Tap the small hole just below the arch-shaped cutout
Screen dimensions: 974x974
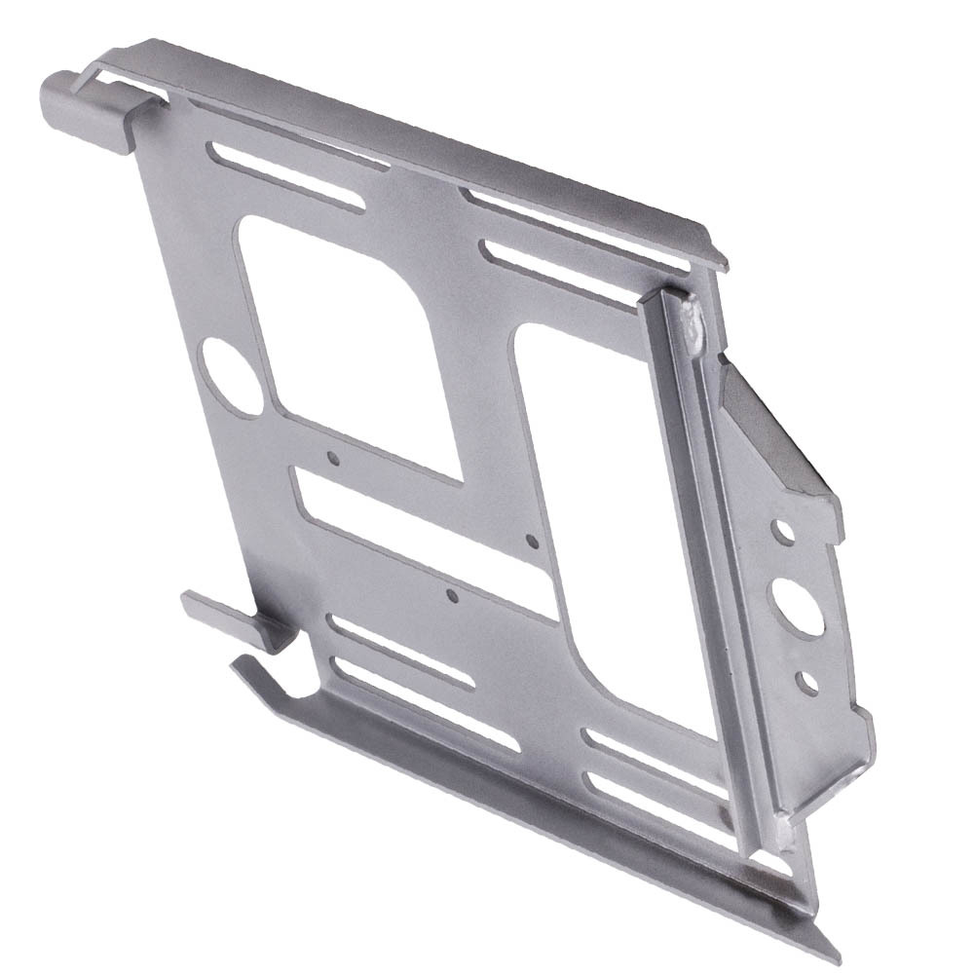coord(333,456)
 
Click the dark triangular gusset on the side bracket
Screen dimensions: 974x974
coord(769,429)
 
